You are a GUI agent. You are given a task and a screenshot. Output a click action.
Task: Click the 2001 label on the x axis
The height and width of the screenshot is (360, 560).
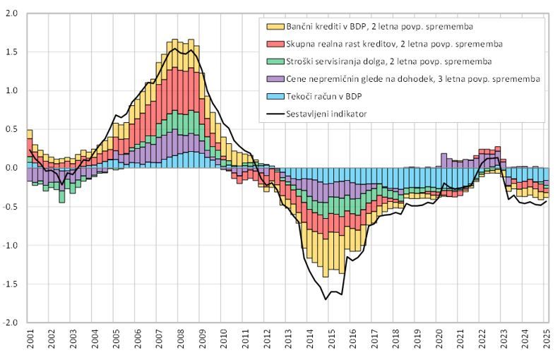[x=30, y=342]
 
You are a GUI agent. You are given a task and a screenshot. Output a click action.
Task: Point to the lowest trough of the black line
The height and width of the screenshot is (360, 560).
[x=326, y=299]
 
